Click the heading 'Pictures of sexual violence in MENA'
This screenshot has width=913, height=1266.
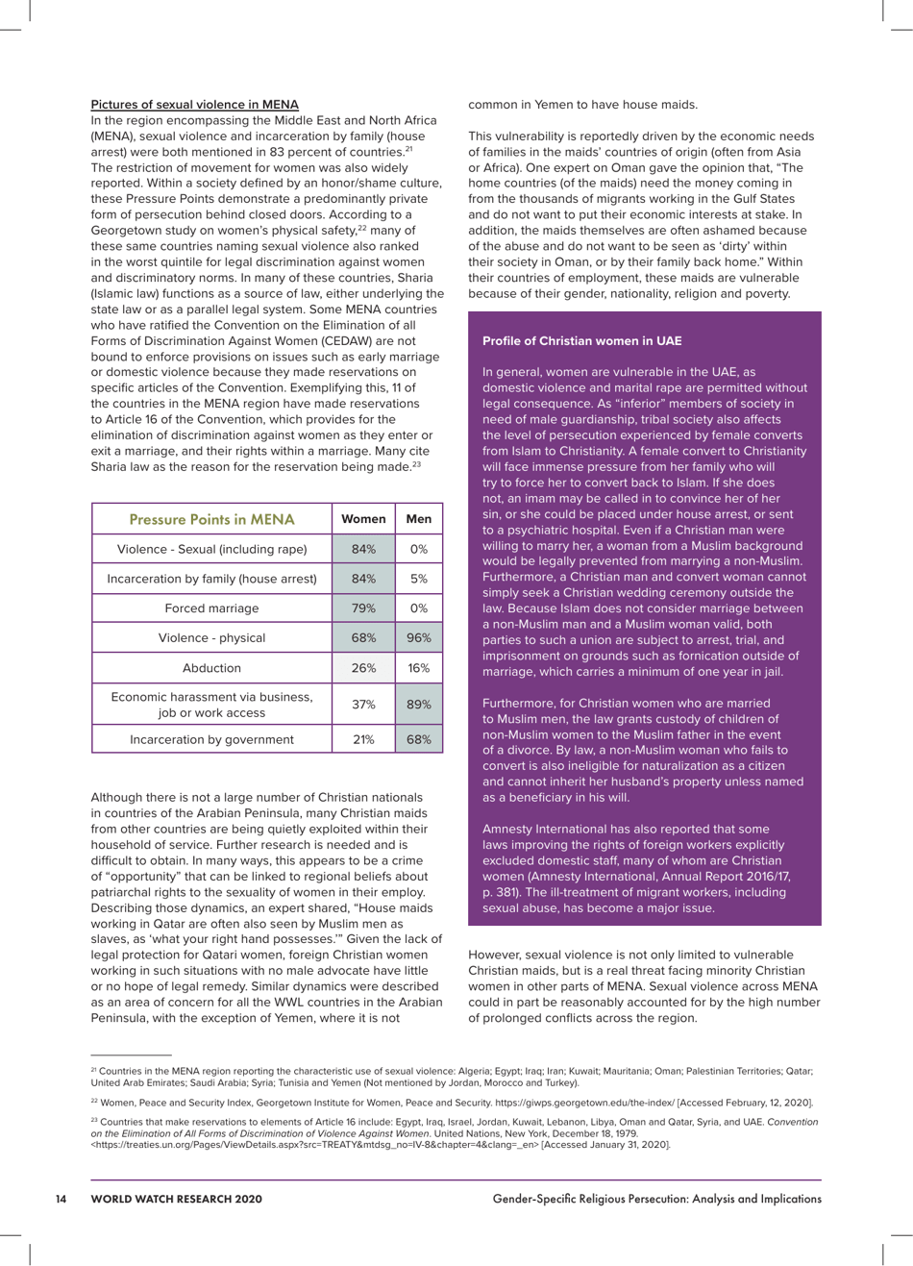(x=194, y=105)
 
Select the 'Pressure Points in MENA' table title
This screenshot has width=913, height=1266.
(x=210, y=519)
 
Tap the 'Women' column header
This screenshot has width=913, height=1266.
(x=362, y=519)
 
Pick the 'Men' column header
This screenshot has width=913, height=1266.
(x=418, y=519)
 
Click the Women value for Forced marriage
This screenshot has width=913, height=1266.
(x=362, y=608)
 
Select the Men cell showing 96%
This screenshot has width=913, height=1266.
(x=418, y=638)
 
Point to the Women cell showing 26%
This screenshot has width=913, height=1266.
(x=362, y=668)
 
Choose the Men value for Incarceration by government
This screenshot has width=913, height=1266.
(x=418, y=739)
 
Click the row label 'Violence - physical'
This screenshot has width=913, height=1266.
(x=211, y=638)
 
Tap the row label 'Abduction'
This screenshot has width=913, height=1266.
(x=211, y=668)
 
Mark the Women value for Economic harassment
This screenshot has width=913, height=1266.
(x=362, y=705)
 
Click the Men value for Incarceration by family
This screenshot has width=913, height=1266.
(x=418, y=579)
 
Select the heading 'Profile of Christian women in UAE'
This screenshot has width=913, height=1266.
(x=581, y=341)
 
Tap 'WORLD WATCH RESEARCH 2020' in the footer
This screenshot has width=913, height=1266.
(x=176, y=1199)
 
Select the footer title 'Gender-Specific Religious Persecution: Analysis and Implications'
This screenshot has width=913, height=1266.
(x=656, y=1199)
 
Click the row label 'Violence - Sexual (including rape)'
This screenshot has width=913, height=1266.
(x=211, y=550)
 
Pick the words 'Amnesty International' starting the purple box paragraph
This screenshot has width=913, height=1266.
(x=544, y=830)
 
